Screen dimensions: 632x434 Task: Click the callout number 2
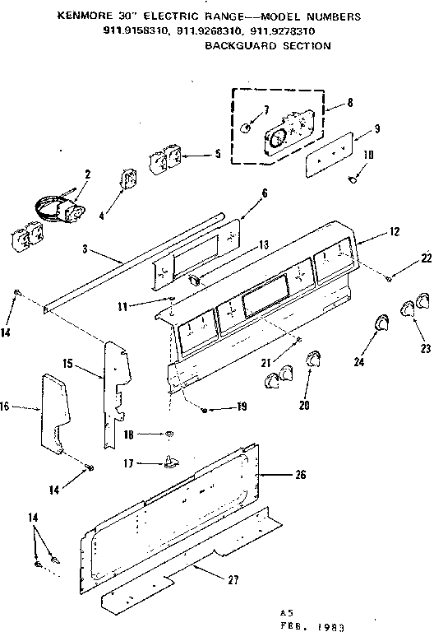pyautogui.click(x=87, y=174)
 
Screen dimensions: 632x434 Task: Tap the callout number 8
pyautogui.click(x=351, y=103)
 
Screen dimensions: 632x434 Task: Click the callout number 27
pyautogui.click(x=233, y=581)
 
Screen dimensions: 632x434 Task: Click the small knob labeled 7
pyautogui.click(x=247, y=128)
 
